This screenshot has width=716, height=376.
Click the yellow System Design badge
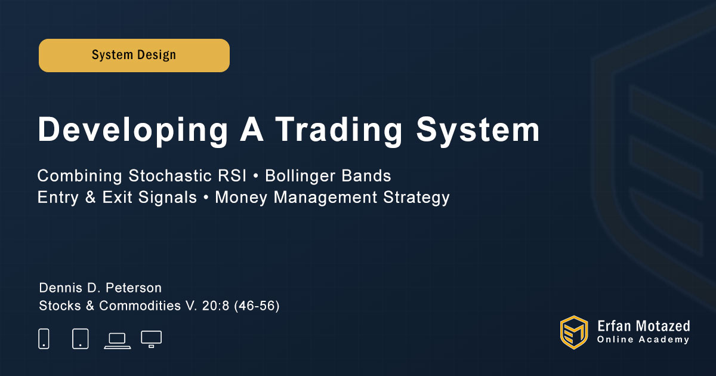tap(134, 56)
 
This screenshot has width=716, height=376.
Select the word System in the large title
tap(478, 130)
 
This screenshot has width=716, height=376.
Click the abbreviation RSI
tap(232, 176)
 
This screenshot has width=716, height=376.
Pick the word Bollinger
tap(300, 177)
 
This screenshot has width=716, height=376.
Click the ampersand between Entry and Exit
tap(91, 198)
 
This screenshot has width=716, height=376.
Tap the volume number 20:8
tap(215, 306)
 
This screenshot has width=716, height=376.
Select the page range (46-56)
tap(257, 306)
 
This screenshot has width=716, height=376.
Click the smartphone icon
tap(44, 338)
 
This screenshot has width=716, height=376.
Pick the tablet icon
tap(80, 338)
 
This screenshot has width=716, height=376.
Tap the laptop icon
tap(118, 341)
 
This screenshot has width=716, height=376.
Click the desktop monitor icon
tap(151, 339)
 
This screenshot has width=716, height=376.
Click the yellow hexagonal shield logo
tap(574, 332)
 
